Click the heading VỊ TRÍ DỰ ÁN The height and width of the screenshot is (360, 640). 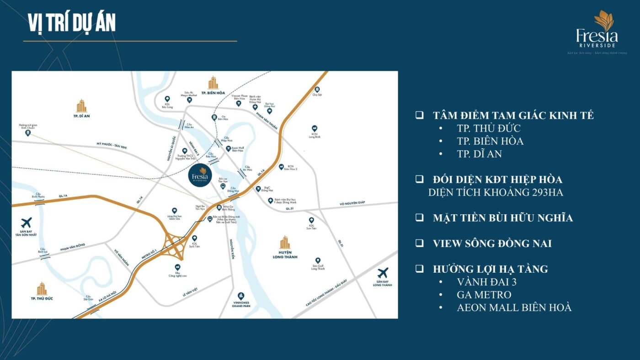pos(72,23)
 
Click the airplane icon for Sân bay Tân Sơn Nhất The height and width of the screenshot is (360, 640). pos(27,223)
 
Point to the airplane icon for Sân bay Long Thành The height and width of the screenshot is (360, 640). pos(383,273)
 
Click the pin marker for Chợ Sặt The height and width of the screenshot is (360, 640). pos(317,90)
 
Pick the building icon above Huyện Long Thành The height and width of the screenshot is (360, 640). pos(285,242)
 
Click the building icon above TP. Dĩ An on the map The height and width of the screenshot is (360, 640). pos(81,106)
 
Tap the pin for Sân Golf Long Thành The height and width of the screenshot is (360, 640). pos(318,260)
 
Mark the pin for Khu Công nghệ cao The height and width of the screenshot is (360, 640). pos(177,267)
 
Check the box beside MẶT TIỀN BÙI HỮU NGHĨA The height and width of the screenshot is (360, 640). pos(419,217)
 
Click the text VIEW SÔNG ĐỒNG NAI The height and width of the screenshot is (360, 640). pos(492,244)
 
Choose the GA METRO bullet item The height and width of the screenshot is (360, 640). pos(484,295)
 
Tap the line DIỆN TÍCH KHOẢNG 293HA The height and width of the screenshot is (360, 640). pos(496,192)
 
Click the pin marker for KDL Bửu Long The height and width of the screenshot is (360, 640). pos(167,99)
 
